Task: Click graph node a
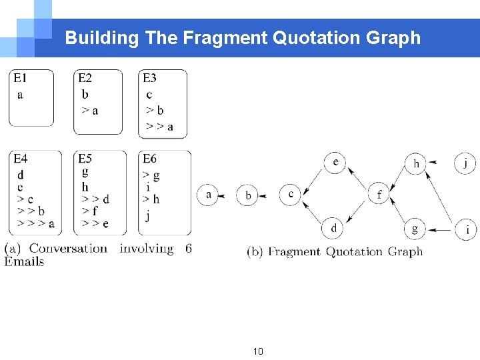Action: pos(208,195)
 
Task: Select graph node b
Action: pos(248,195)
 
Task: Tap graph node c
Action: pos(291,194)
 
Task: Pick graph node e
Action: pos(335,162)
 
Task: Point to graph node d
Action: pos(334,229)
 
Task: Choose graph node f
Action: pos(379,194)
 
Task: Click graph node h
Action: pos(416,163)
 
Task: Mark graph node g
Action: pos(415,229)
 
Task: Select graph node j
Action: pos(465,163)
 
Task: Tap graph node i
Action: pos(466,230)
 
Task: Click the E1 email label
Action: pos(21,78)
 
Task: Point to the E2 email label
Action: pos(85,78)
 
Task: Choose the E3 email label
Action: pos(149,78)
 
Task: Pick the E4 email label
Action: pos(21,159)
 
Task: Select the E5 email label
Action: pos(85,159)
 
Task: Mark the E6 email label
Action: pos(149,159)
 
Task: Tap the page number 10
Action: pos(259,351)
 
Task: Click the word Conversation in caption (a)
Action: pos(68,249)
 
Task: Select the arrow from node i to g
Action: pos(440,230)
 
